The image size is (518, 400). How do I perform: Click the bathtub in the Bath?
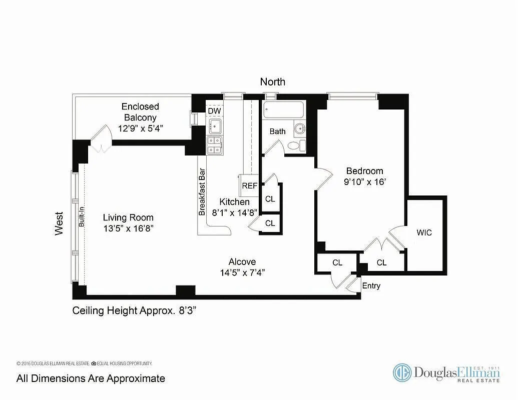[x=283, y=110]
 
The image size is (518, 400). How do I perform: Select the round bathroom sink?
[x=299, y=128]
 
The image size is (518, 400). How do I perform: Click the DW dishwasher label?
[x=214, y=110]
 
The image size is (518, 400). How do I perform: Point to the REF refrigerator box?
[x=249, y=185]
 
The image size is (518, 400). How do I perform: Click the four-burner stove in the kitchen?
[x=215, y=145]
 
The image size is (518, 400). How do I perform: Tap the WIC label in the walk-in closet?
[x=424, y=232]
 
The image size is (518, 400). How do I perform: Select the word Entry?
[x=371, y=286]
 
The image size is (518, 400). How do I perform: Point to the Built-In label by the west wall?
[x=81, y=219]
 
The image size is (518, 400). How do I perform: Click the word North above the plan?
[x=273, y=81]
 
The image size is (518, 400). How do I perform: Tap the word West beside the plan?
[x=60, y=223]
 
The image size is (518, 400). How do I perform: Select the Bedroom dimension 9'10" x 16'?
[x=365, y=182]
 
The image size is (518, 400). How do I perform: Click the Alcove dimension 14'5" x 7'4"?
[x=242, y=273]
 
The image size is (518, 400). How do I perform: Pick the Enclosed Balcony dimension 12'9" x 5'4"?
[x=140, y=128]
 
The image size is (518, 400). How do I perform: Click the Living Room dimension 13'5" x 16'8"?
[x=128, y=228]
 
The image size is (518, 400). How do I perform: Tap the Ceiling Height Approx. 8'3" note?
[x=134, y=310]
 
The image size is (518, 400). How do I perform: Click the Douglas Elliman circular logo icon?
[x=401, y=372]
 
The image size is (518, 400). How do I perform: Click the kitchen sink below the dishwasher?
[x=215, y=125]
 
